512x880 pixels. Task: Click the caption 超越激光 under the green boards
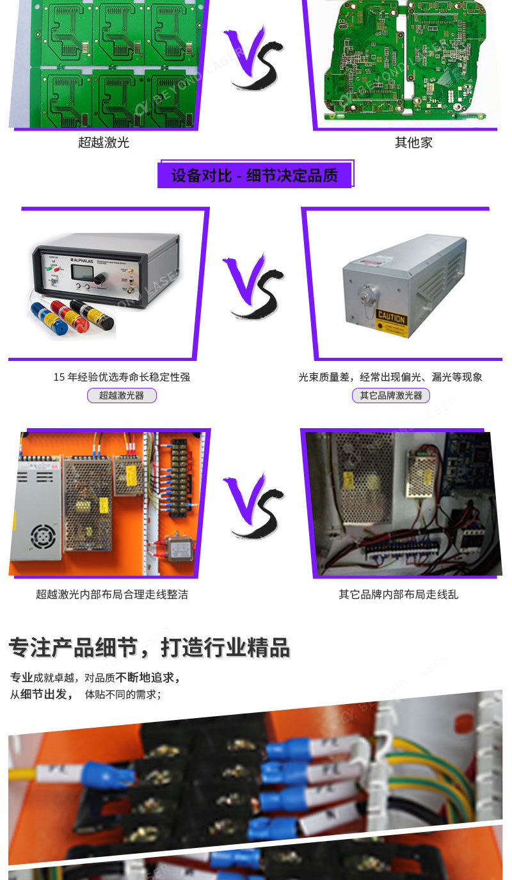(x=104, y=143)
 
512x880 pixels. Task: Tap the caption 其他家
(x=413, y=143)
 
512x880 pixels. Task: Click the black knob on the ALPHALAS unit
(x=100, y=278)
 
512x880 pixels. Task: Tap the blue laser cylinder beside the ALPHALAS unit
(x=56, y=325)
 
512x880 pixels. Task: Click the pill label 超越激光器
(x=122, y=396)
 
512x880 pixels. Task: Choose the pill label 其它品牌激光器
(x=391, y=396)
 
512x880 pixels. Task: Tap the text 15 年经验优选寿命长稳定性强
(x=122, y=377)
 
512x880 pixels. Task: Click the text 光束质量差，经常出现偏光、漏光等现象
(x=390, y=377)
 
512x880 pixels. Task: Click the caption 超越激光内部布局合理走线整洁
(x=112, y=595)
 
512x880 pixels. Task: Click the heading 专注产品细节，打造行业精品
(x=149, y=648)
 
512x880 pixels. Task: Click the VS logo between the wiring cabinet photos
(x=253, y=506)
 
